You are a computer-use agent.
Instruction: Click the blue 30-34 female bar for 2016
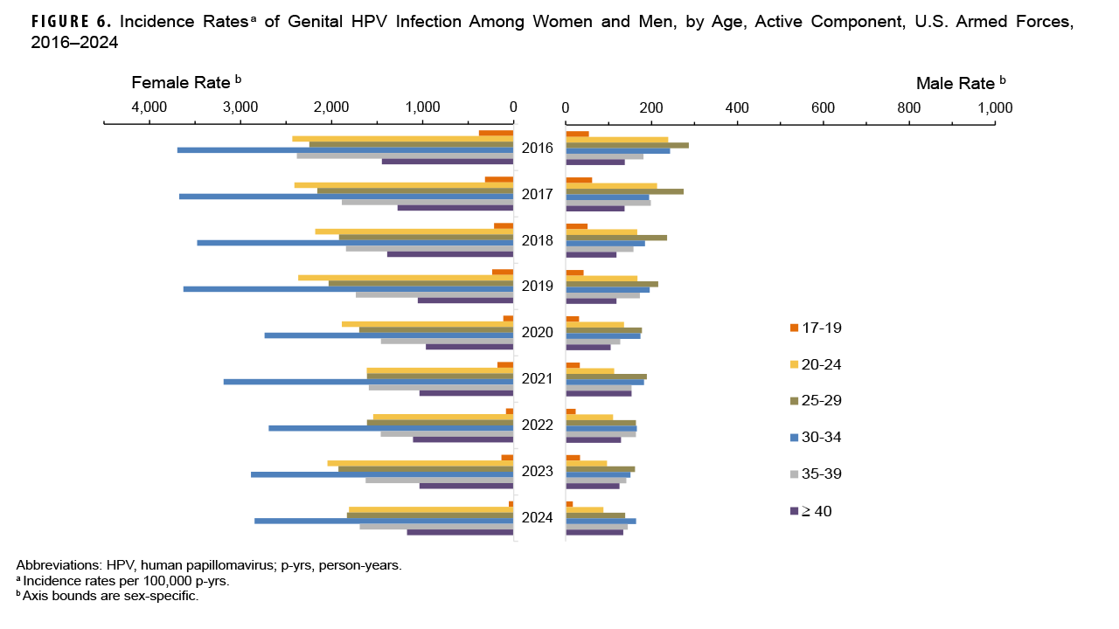click(x=345, y=150)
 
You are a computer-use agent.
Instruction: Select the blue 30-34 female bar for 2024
click(x=384, y=521)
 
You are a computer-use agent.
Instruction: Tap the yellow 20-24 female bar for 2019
click(x=406, y=278)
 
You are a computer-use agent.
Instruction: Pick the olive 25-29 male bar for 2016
click(x=627, y=145)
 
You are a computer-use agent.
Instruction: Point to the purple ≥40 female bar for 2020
click(x=469, y=347)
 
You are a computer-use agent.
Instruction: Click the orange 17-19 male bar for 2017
click(x=579, y=180)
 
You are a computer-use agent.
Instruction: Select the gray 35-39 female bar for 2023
click(x=440, y=480)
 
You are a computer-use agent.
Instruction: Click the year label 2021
click(x=538, y=379)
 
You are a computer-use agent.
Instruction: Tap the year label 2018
click(x=538, y=240)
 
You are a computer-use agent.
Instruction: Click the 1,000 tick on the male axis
click(x=995, y=107)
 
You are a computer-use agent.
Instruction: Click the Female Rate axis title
click(x=185, y=82)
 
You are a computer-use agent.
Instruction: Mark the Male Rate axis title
click(x=960, y=84)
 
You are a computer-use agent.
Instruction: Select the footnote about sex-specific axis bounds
click(x=108, y=596)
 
